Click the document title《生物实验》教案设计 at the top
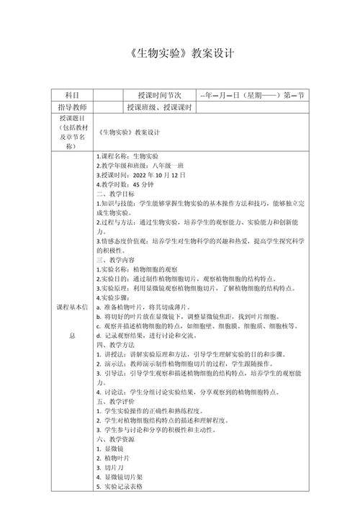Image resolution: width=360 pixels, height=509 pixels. click(180, 54)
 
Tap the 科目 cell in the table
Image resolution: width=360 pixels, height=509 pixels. click(72, 95)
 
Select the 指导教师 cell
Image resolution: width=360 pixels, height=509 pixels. click(72, 107)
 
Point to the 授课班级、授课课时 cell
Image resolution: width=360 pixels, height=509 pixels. click(158, 107)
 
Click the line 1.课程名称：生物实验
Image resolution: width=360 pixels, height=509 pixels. click(127, 156)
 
